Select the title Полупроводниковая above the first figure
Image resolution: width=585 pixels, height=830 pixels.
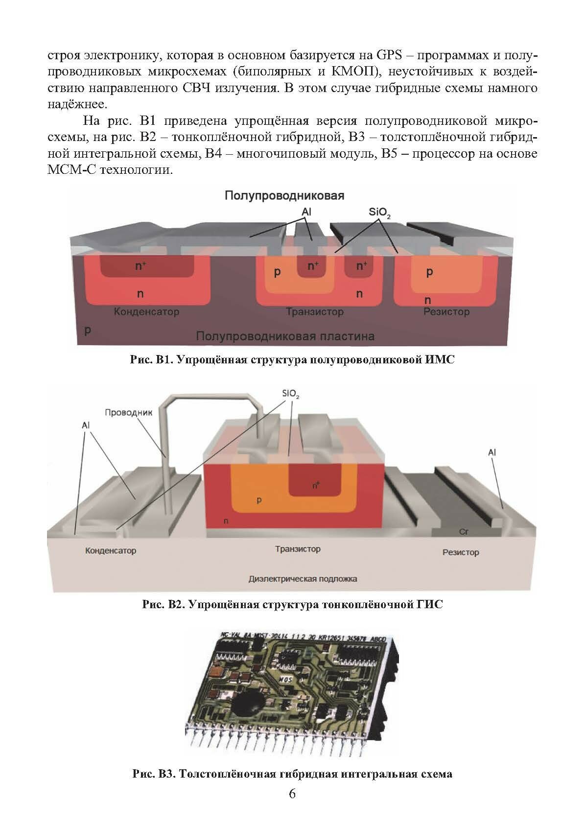284,196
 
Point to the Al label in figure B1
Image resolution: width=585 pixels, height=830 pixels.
306,212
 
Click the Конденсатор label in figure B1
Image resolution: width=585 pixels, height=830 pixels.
146,312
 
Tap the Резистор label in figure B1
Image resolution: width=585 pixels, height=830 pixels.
446,312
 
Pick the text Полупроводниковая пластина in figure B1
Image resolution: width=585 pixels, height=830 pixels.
285,336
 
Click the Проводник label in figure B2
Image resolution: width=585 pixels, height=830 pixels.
129,413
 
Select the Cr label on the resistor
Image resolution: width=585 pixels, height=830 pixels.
464,531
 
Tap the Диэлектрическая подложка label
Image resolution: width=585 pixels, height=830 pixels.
303,579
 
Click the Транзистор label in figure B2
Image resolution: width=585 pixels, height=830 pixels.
298,549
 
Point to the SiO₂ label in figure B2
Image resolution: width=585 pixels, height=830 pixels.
290,394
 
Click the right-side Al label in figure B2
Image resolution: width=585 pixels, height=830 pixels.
492,452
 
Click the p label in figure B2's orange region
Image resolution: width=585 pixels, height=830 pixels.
259,500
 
